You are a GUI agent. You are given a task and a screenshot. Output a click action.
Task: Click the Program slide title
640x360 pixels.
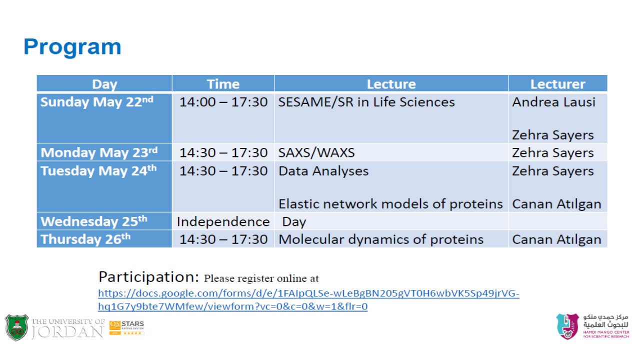72,47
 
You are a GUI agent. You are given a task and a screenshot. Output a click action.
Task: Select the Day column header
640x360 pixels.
104,84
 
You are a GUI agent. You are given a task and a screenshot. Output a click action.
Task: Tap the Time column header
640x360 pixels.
223,84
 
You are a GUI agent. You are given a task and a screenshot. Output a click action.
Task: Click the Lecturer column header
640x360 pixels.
557,84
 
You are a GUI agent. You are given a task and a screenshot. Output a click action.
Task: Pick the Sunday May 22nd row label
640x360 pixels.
97,102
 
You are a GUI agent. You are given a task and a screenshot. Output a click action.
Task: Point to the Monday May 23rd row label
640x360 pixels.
99,152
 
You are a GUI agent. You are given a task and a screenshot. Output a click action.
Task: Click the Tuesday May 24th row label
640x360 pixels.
98,170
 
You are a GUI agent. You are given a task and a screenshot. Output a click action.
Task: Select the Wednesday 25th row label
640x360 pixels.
93,221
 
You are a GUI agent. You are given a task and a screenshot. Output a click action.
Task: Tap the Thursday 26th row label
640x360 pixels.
85,239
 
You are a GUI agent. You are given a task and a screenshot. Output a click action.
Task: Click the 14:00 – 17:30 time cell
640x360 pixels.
223,102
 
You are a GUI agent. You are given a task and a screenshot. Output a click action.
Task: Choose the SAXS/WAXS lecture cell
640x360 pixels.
316,152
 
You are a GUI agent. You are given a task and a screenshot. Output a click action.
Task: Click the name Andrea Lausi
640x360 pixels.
553,102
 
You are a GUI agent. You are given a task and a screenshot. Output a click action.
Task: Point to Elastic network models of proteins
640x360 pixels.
390,204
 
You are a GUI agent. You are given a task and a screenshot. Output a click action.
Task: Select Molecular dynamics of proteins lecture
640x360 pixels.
381,239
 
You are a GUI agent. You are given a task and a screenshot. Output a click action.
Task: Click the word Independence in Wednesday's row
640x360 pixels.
223,221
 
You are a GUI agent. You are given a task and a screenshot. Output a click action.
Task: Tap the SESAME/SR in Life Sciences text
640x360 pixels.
366,102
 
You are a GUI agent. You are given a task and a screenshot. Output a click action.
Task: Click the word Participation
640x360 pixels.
148,277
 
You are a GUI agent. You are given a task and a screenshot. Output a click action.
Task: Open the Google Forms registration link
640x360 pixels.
308,299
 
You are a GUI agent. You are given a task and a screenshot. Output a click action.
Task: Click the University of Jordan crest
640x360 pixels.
16,327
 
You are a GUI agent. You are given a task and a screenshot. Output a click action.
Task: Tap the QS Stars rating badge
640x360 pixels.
126,327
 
